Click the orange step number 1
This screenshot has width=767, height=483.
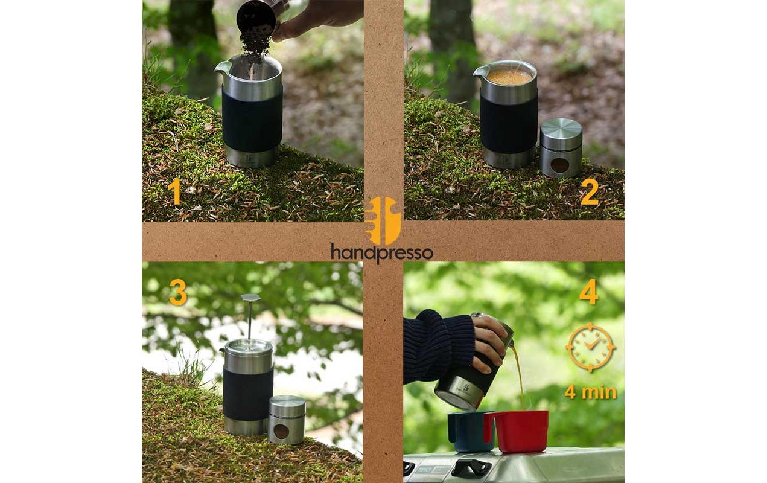174,192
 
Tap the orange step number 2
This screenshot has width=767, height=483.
589,192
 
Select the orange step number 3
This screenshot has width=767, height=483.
178,292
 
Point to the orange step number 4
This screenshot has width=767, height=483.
589,292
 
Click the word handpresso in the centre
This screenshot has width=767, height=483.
381,252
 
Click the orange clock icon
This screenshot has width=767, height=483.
590,347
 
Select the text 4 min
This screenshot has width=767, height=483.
590,392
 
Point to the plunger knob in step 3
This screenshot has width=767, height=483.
250,298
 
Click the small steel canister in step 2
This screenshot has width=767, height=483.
561,148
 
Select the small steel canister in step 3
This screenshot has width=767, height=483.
286,420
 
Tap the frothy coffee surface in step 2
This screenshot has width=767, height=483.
510,77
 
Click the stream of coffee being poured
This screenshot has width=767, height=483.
518,374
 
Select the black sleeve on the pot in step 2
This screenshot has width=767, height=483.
509,123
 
